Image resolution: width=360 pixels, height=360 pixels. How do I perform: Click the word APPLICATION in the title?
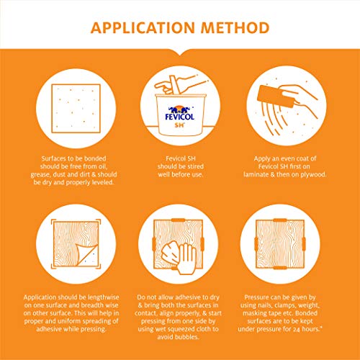(143, 27)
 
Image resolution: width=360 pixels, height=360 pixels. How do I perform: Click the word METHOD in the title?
(235, 27)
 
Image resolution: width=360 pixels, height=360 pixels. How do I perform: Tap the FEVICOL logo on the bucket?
(180, 114)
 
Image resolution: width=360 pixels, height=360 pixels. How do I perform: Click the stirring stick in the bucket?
(175, 85)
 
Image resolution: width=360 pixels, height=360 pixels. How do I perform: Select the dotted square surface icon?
(76, 108)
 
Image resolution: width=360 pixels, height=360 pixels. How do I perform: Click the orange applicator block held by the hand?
(276, 96)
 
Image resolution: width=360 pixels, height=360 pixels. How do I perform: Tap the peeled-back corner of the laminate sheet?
(87, 255)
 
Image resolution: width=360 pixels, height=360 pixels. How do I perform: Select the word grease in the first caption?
(40, 174)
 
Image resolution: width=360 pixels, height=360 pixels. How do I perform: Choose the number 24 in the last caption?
(297, 329)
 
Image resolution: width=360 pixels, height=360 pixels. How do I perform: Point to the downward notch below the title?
(180, 53)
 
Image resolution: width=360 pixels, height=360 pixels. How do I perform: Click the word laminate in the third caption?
(256, 174)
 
